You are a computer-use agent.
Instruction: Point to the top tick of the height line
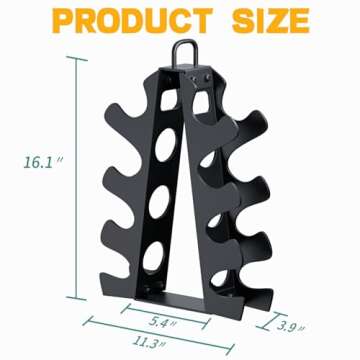(73, 58)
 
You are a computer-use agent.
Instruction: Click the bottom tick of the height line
(73, 297)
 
